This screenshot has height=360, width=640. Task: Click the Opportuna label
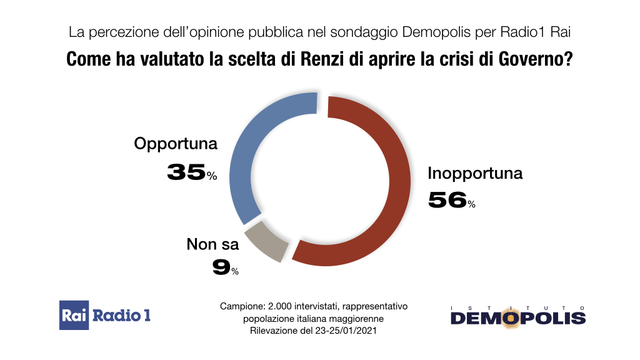point(176,144)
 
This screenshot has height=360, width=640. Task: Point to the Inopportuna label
point(475,172)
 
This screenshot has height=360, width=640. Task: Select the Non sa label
point(213,244)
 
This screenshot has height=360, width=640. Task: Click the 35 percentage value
point(186,172)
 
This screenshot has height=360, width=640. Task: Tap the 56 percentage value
point(447,200)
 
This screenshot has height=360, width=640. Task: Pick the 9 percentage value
point(221,267)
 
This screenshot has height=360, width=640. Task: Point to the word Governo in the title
point(531,60)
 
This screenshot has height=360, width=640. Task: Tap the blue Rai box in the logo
point(74,315)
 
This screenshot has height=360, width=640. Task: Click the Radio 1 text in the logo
point(122,315)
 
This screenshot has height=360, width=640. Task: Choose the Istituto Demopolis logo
point(518,316)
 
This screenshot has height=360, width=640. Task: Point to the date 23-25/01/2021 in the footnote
point(347,331)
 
